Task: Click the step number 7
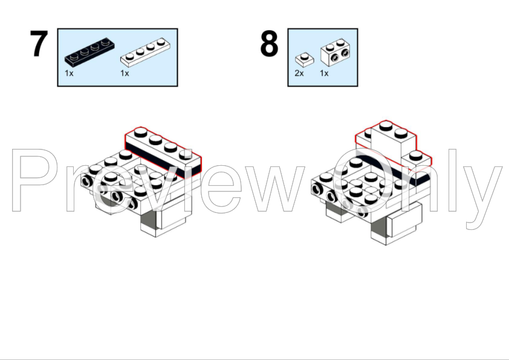[39, 44]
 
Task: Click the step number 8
[269, 44]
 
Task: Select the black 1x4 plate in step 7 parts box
[89, 51]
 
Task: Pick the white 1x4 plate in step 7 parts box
[145, 53]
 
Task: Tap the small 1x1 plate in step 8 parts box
[305, 60]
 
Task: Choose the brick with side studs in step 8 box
[336, 52]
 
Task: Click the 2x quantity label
[299, 73]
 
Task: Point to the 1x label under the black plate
[69, 73]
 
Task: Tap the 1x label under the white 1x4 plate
[125, 73]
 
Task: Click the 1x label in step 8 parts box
[324, 73]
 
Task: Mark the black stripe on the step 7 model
[162, 161]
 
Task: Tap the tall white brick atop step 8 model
[394, 139]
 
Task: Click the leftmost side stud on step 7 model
[86, 182]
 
